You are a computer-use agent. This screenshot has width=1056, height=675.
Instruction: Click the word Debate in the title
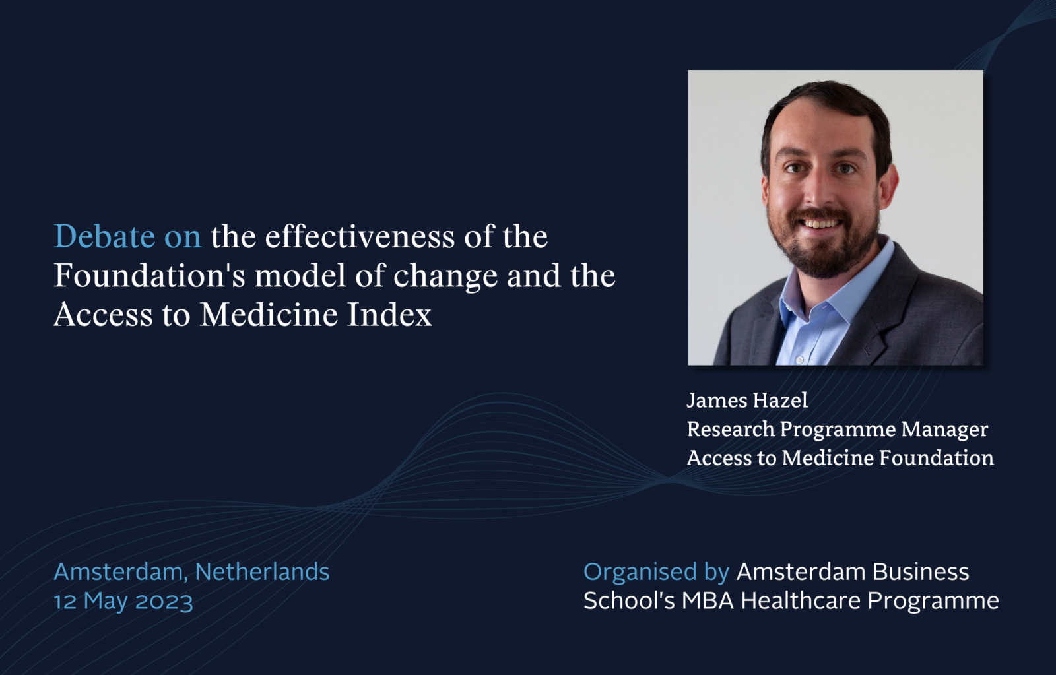[x=104, y=236]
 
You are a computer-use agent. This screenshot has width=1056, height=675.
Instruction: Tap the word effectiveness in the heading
[x=360, y=236]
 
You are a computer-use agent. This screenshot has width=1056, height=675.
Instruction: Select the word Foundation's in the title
[x=149, y=275]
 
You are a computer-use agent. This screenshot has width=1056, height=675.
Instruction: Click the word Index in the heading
[x=389, y=314]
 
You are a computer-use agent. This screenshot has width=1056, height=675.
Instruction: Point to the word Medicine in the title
[x=269, y=314]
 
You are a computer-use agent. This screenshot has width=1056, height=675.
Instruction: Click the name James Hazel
[x=747, y=401]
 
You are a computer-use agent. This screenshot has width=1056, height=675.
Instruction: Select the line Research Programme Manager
[x=838, y=430]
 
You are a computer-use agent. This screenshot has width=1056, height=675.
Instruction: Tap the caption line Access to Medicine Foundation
[x=840, y=458]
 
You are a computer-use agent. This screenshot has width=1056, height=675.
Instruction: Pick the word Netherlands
[x=262, y=572]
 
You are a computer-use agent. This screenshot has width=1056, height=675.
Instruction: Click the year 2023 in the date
[x=164, y=602]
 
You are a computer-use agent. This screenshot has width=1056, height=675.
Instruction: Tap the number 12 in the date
[x=65, y=602]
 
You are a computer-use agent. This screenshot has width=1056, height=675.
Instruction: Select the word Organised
[x=640, y=573]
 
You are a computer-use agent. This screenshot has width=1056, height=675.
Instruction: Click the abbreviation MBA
[x=708, y=601]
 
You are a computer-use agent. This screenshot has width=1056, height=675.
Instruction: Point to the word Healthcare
[x=801, y=601]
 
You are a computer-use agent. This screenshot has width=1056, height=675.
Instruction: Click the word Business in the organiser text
[x=921, y=572]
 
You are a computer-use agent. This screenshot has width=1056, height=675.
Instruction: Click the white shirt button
[x=799, y=360]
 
